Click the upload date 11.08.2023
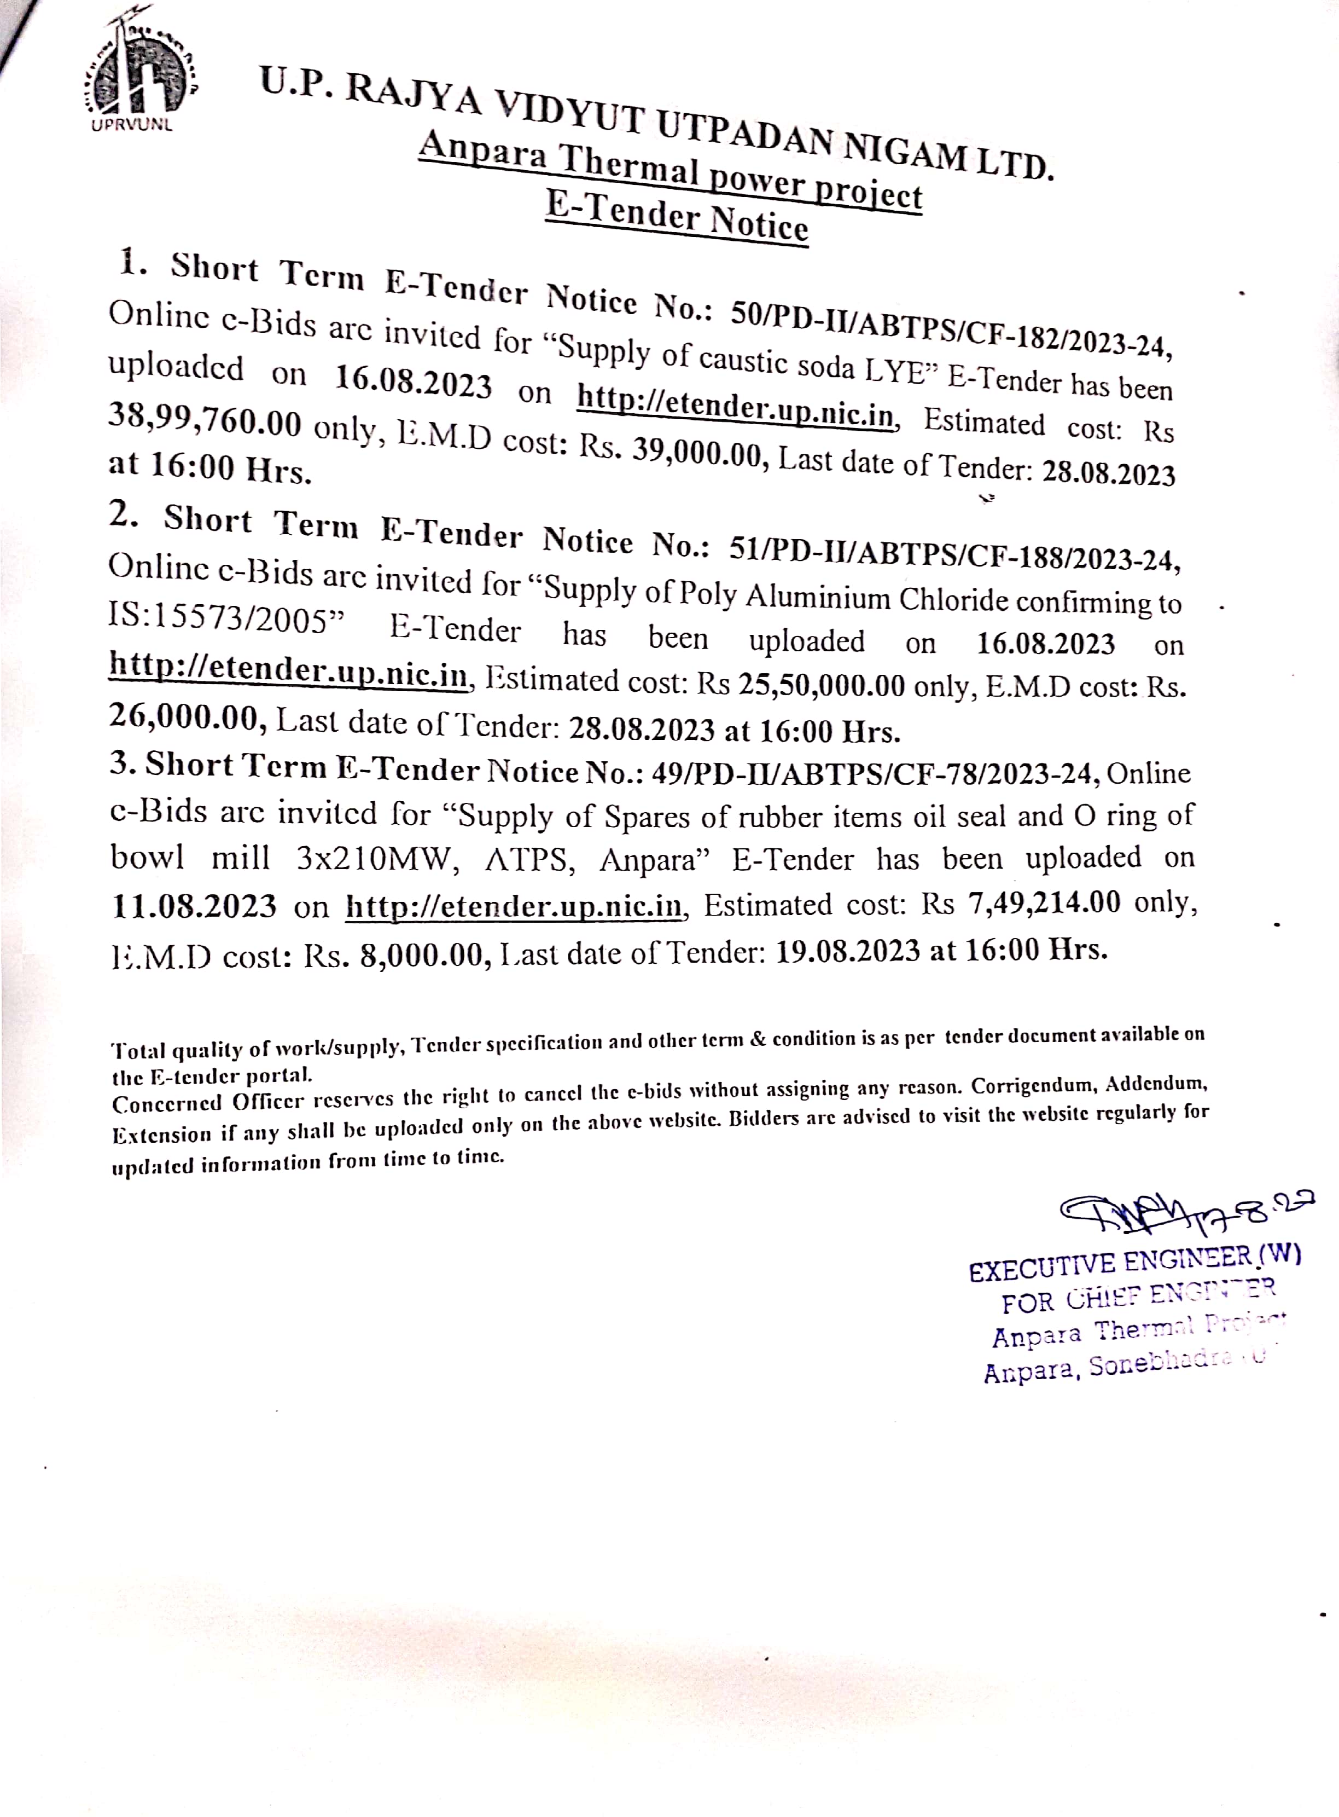click(x=195, y=906)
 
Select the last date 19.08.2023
click(x=847, y=950)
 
